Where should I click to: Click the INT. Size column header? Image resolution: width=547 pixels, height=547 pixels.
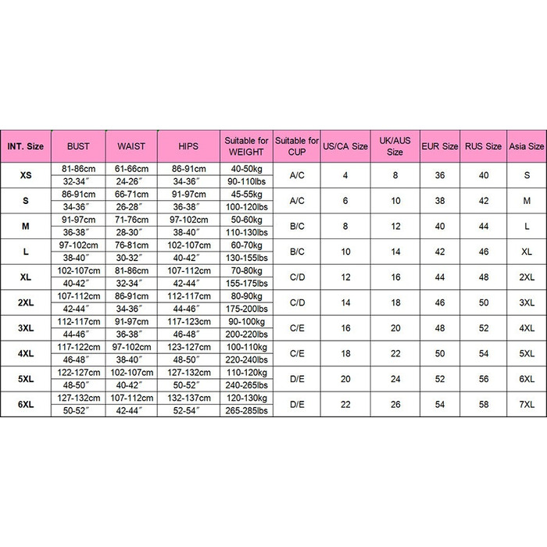pos(26,146)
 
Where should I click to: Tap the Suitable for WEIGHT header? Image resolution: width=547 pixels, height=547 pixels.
pos(246,146)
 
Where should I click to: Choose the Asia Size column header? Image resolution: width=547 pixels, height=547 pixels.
pos(526,146)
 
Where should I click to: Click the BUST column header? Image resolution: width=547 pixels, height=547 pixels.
pos(78,146)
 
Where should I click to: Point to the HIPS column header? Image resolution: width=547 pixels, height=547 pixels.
pos(188,146)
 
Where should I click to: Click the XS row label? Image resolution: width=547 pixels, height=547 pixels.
pos(26,175)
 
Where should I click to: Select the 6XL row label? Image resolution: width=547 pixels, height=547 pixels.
pos(26,404)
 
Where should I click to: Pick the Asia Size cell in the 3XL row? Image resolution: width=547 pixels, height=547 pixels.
pos(526,327)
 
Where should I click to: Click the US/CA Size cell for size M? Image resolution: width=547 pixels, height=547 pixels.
pos(345,226)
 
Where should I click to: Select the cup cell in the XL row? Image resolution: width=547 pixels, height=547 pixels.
pos(297,277)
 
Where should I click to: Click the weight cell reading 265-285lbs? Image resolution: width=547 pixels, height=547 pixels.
pos(246,410)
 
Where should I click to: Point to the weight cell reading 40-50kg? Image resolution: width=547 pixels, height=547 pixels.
pos(246,169)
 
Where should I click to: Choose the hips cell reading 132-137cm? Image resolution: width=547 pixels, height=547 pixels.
pos(188,398)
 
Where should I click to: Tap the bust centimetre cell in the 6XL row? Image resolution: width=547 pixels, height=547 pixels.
pos(78,398)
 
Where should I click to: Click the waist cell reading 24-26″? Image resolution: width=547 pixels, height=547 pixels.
pos(131,181)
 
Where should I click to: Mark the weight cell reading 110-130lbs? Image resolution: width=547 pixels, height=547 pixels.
pos(246,232)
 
